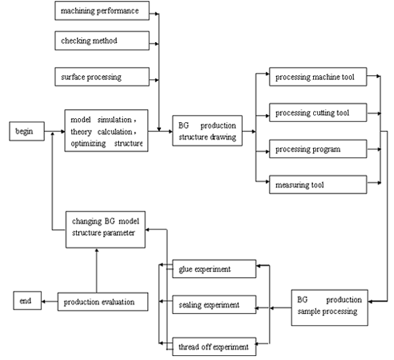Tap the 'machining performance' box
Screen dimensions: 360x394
100,12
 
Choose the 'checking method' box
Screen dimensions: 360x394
100,41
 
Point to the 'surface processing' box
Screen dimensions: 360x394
100,77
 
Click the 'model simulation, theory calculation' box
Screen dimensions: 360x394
106,130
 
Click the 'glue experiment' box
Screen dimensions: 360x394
207,268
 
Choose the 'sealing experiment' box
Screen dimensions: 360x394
207,304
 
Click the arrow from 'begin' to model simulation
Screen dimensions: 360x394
53,130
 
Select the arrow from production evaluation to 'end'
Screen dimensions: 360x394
48,301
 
